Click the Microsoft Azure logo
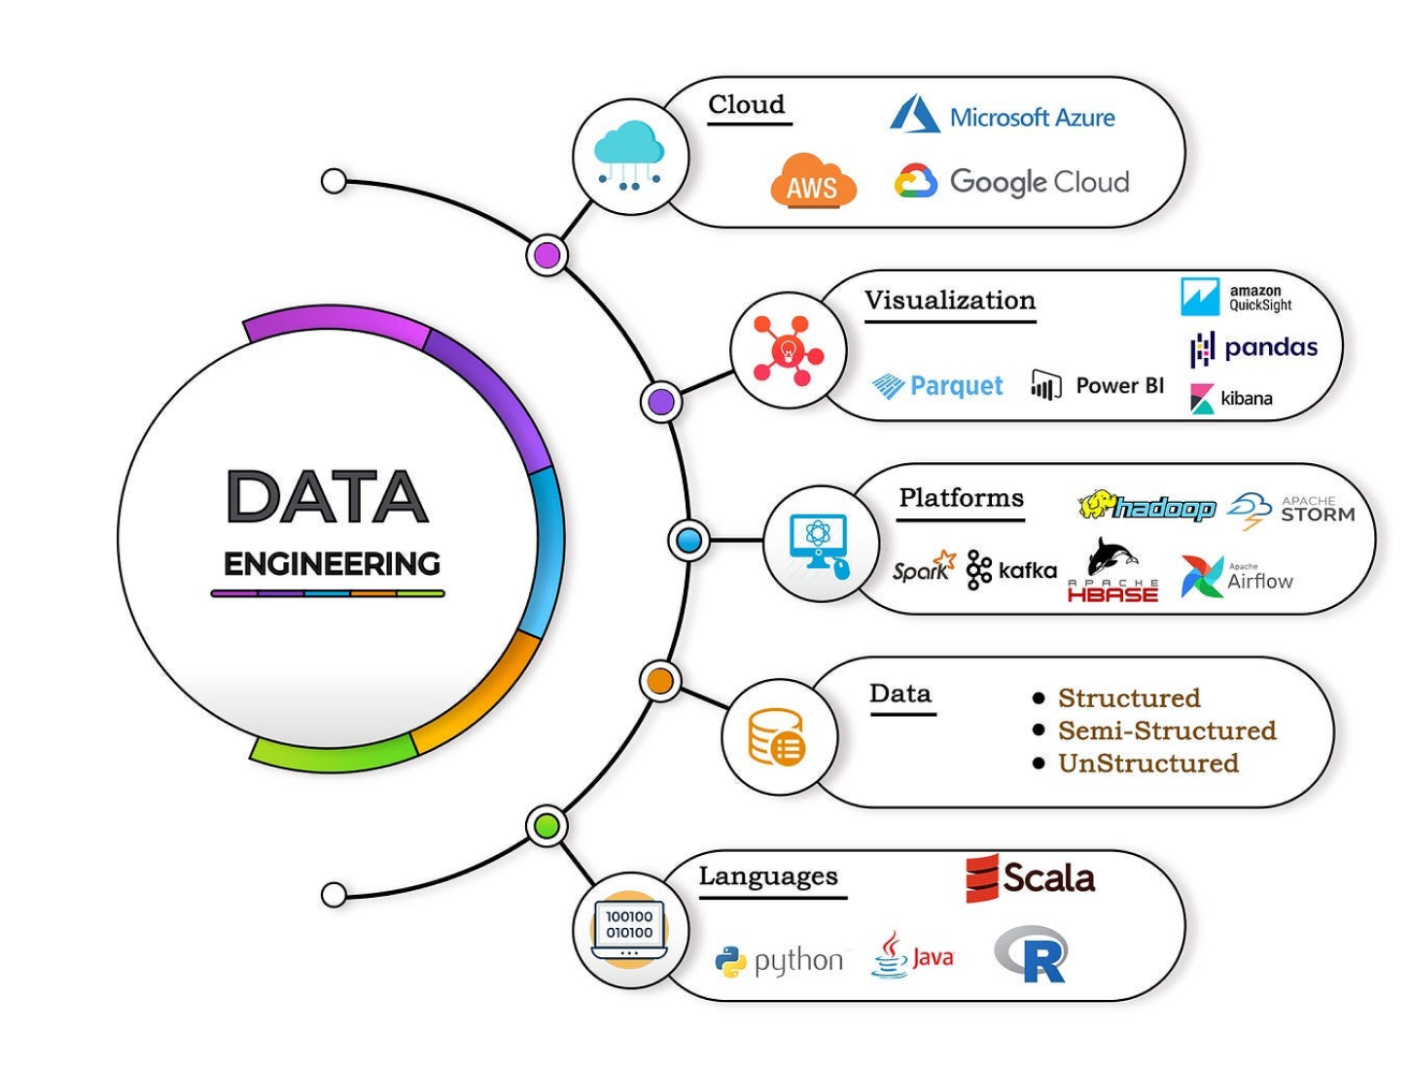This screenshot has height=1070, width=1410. coord(1002,116)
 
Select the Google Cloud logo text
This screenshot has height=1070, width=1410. coord(1039,182)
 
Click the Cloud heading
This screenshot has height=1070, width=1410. coord(746,105)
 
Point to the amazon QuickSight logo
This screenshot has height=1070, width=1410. coord(1236,298)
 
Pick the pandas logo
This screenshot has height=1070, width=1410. coord(1253,348)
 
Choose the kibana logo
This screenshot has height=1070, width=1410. coord(1232,399)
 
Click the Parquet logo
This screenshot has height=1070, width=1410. coord(937,386)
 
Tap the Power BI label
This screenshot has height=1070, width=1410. coord(1119,386)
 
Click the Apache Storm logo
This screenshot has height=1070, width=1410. coord(1290,510)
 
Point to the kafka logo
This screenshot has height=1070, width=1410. coord(1011,571)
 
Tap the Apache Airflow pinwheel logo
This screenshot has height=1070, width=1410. coord(1202,577)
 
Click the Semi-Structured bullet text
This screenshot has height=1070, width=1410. coord(1166,731)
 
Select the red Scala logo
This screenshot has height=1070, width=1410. coord(1030,878)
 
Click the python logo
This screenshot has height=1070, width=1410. coord(779,961)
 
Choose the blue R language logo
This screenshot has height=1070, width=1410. coord(1032,954)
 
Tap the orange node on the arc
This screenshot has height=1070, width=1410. coord(660,681)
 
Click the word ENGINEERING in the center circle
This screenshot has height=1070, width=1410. coord(332,564)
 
